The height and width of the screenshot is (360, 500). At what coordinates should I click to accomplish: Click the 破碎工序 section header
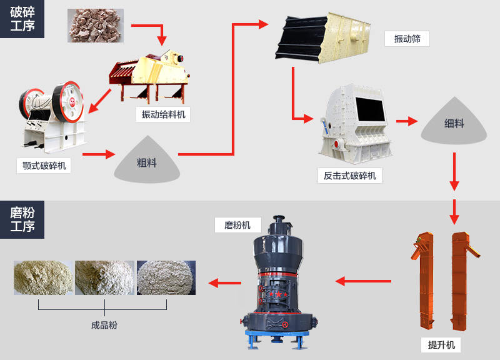tap(22, 19)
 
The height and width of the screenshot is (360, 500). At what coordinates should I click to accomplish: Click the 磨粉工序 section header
tap(22, 219)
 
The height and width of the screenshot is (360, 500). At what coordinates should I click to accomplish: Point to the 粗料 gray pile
tap(146, 161)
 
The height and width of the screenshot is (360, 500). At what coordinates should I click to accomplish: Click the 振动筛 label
tap(407, 39)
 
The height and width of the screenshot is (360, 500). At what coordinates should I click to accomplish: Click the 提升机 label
tap(441, 344)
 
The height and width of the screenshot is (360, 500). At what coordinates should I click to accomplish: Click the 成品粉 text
tap(104, 325)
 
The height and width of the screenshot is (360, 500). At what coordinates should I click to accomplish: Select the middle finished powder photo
tap(104, 277)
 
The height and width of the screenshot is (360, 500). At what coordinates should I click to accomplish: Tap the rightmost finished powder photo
tap(166, 277)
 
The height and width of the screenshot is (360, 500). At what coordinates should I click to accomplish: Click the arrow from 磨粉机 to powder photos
tap(224, 283)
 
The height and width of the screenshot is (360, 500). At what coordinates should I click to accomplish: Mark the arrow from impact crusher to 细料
tap(407, 121)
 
